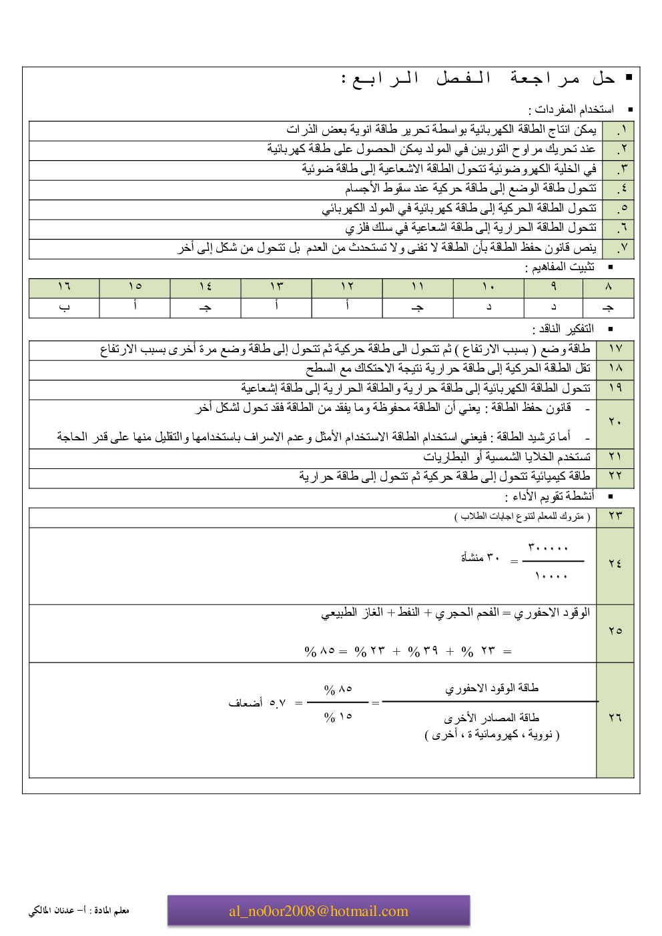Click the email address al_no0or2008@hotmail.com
pos(318,911)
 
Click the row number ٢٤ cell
pos(615,564)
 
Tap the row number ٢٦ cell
pos(615,717)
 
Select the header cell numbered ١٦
pos(64,287)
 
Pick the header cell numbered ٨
pos(608,287)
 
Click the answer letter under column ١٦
pos(64,308)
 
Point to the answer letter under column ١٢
pos(347,307)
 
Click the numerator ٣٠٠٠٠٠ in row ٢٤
pos(548,548)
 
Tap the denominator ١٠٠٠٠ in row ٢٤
pos(551,576)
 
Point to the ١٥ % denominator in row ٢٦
pos(338,717)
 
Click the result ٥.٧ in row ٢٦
pos(277,703)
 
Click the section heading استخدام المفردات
pos(571,109)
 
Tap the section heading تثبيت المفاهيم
pos(560,267)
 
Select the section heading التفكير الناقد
pos(563,329)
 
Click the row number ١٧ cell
pos(615,349)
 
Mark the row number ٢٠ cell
pos(615,422)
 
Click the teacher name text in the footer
pos(79,911)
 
